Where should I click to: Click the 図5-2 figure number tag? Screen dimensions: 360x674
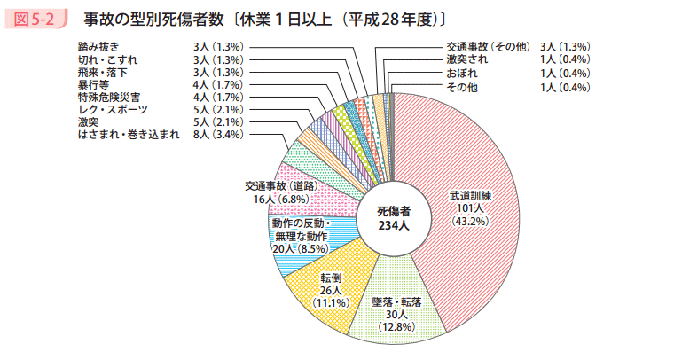pyautogui.click(x=35, y=18)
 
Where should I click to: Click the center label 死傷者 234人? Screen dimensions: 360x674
pyautogui.click(x=393, y=218)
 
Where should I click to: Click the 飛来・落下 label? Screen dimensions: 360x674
pyautogui.click(x=103, y=72)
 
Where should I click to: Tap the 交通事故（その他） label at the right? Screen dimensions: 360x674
pyautogui.click(x=489, y=45)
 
